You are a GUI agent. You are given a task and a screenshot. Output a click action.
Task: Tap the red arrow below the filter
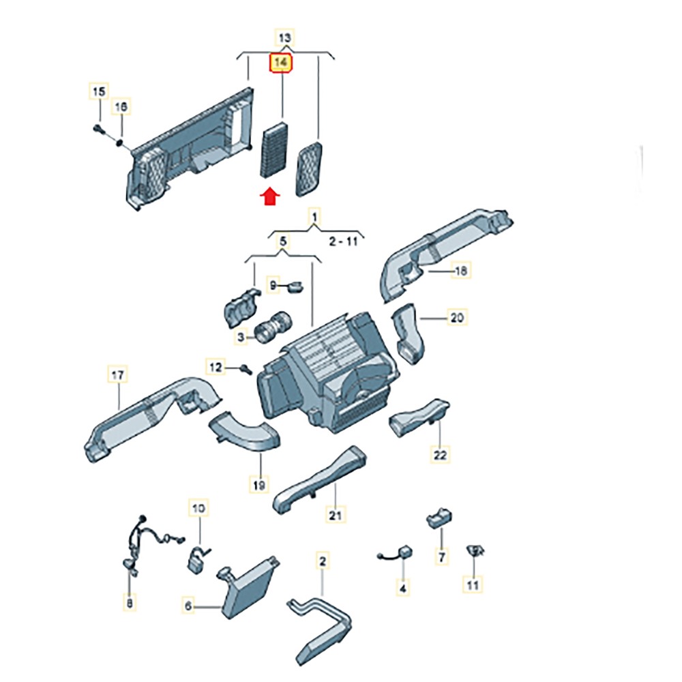point(271,196)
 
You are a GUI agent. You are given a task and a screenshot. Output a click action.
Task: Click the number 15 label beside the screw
point(99,91)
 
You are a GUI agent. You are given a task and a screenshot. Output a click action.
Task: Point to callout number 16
point(121,107)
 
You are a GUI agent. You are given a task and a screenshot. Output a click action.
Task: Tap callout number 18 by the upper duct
point(461,271)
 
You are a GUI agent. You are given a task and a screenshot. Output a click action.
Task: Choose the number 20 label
point(456,317)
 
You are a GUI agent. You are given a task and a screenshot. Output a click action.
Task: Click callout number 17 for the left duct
point(118,374)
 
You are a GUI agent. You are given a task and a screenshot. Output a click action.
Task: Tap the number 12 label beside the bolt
point(216,368)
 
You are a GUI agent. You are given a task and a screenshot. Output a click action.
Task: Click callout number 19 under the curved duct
point(258,485)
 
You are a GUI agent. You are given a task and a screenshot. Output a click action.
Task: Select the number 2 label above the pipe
point(323,561)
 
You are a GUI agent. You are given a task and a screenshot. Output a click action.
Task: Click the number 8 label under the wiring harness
point(130,602)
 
